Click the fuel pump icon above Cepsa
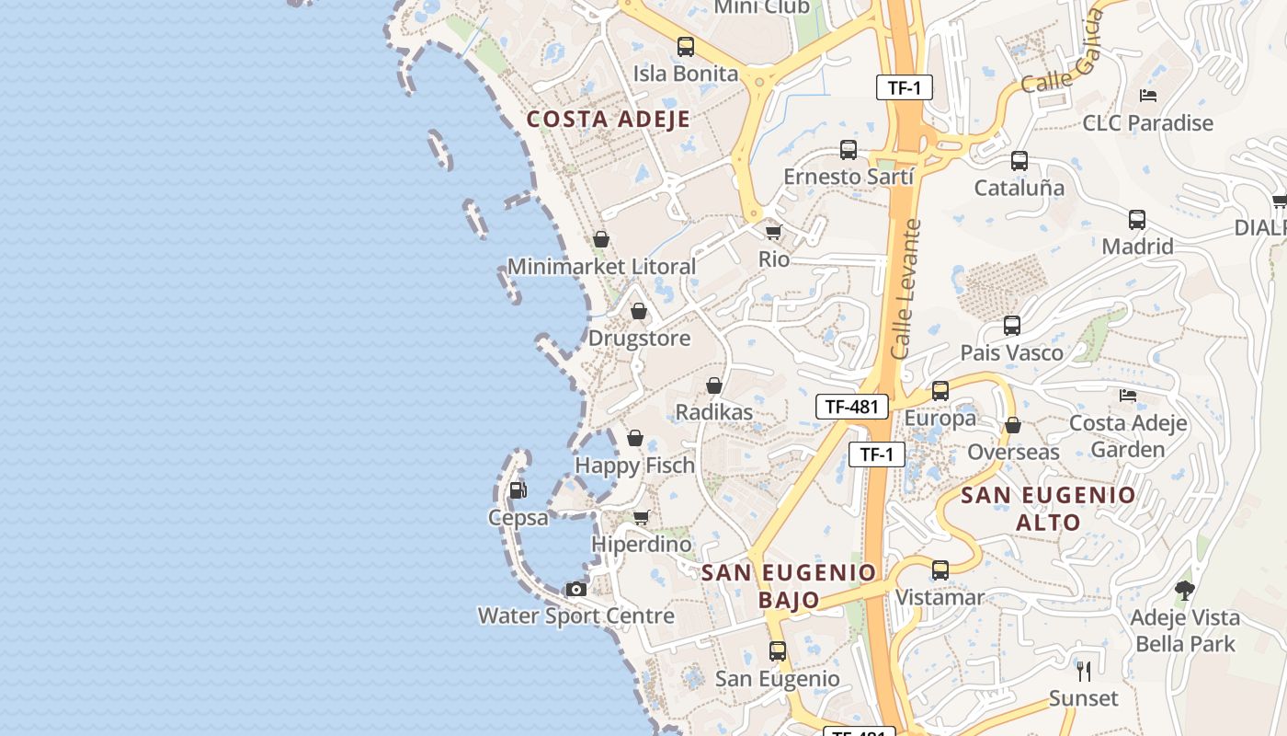(x=518, y=490)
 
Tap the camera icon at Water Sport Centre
(x=576, y=589)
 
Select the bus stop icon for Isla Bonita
(x=685, y=46)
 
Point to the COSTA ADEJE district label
(x=608, y=119)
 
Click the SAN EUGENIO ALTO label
(x=1048, y=509)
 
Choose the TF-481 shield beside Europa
(x=851, y=407)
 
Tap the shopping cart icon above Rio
(x=773, y=232)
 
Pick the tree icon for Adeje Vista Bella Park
(x=1184, y=591)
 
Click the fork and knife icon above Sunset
(x=1084, y=671)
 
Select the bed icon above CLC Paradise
(x=1147, y=95)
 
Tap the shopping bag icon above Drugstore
(x=638, y=311)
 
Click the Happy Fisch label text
(x=634, y=466)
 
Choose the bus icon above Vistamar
(x=940, y=570)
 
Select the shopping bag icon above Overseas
(x=1012, y=425)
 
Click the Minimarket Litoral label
(x=601, y=267)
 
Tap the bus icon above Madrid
(x=1137, y=220)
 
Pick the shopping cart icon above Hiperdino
(x=641, y=518)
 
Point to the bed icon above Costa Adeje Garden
(x=1128, y=396)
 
